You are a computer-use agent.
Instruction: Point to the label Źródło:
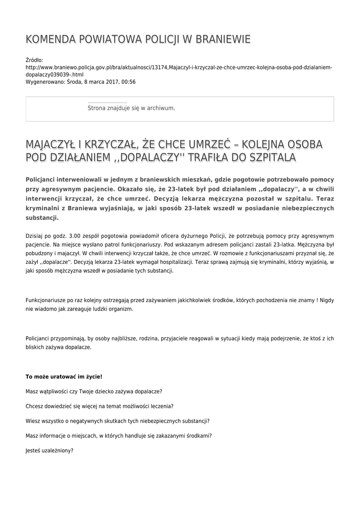tap(34, 60)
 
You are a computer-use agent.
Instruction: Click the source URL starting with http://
tap(179, 67)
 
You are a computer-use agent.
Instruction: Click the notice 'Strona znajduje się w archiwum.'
tap(131, 108)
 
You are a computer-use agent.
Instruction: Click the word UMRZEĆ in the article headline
tap(213, 144)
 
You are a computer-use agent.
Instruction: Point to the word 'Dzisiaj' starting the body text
tap(35, 235)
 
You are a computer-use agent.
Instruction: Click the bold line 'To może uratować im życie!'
tap(64, 377)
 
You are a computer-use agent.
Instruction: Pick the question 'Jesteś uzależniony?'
tap(49, 450)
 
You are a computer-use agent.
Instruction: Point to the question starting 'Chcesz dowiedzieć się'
tap(99, 406)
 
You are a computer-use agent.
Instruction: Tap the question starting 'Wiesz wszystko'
tap(117, 421)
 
